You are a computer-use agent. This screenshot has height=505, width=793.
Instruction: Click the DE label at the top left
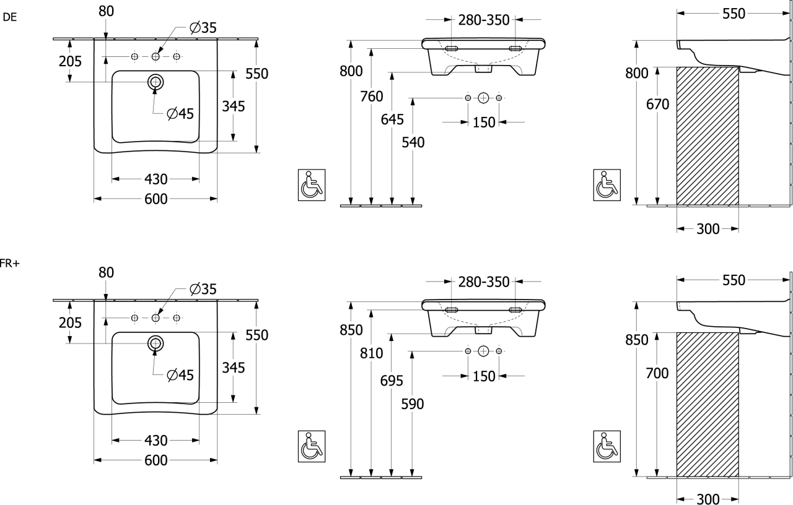10,17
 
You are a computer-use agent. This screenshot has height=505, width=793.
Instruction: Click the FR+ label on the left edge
10,264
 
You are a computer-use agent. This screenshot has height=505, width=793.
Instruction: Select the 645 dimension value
393,120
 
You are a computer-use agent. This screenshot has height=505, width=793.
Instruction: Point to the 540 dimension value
413,142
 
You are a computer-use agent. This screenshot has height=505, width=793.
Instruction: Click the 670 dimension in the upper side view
657,105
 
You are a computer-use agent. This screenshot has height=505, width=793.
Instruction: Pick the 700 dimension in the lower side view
657,373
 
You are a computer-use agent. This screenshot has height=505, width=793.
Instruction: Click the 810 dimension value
372,353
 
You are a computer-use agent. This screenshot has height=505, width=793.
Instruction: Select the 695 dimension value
393,380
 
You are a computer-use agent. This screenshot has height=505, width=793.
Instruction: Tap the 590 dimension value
413,404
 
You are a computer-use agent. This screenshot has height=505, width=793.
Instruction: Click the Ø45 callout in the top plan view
180,113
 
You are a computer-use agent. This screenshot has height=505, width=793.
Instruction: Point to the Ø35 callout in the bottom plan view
203,288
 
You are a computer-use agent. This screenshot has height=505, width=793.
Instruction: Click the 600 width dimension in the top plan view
156,199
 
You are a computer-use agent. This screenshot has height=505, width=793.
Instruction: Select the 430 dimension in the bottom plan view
156,441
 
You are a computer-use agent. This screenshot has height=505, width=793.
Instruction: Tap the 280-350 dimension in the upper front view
484,19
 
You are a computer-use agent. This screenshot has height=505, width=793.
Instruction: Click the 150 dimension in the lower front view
484,375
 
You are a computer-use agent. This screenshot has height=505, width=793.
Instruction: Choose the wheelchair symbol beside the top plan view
309,184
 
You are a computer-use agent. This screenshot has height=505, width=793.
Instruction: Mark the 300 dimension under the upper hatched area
708,229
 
